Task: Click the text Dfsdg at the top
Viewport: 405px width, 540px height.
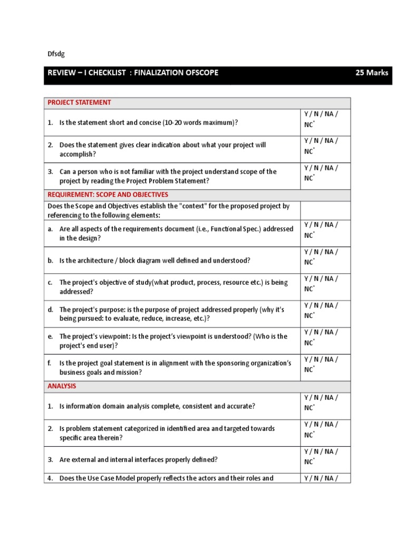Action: tap(56, 54)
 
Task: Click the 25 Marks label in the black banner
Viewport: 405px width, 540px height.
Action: tap(372, 73)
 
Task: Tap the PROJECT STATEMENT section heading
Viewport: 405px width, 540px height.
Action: tap(79, 102)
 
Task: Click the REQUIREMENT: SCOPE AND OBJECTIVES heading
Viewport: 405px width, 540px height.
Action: tap(108, 195)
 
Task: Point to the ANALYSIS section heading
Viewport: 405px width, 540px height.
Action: tap(62, 386)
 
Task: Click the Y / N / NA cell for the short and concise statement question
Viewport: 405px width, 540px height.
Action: tap(325, 119)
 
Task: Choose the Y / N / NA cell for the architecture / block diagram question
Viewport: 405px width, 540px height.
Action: tap(325, 257)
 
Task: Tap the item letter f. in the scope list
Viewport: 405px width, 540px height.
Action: tap(50, 363)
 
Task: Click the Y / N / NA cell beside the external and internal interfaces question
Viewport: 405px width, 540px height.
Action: tap(325, 456)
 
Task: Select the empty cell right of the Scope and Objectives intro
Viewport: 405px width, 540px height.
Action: tap(325, 210)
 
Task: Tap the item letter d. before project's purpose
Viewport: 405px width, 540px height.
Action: tap(50, 310)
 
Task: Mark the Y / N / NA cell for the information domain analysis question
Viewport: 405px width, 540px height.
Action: tap(325, 402)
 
